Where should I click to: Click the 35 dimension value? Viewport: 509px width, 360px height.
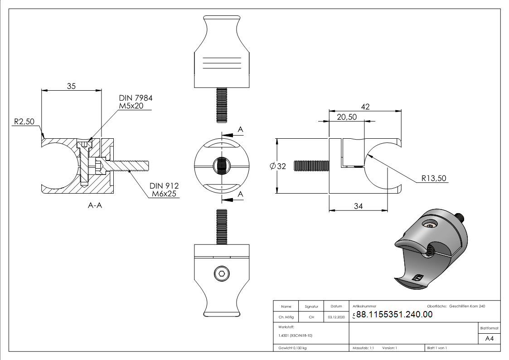coord(71,86)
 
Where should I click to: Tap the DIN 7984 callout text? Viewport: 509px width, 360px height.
coord(136,98)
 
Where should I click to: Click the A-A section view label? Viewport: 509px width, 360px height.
coord(95,205)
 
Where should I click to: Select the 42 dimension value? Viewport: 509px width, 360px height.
coord(365,107)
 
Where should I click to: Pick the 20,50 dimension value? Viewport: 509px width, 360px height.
coord(347,117)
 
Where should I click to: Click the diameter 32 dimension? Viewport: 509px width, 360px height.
coord(278,166)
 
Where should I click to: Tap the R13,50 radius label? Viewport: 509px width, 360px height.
coord(434,178)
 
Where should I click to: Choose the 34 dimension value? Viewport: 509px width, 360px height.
coord(358,206)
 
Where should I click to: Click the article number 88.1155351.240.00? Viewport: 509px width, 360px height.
coord(394,315)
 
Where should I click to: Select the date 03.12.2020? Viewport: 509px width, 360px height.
coord(336,317)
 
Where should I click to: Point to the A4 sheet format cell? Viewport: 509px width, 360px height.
coord(489,339)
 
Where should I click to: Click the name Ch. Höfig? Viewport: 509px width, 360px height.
coord(286,317)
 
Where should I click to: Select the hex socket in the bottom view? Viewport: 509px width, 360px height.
coord(221,273)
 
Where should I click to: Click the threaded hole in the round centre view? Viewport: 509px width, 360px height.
coord(221,166)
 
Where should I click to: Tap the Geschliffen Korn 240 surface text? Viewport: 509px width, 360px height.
coord(467,306)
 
